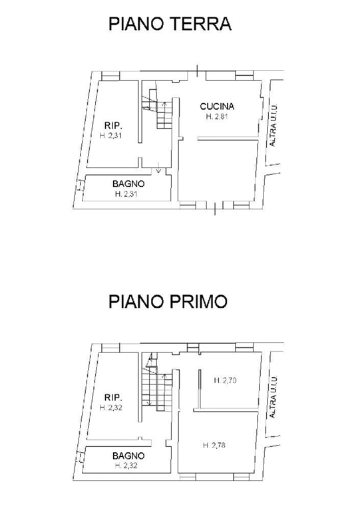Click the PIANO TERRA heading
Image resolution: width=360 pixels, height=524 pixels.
tap(170, 24)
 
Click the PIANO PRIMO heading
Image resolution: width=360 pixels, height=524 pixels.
tap(168, 301)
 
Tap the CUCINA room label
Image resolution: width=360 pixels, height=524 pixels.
tap(217, 106)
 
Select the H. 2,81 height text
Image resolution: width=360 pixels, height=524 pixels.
tap(217, 116)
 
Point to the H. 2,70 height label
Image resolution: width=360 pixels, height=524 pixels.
tap(226, 380)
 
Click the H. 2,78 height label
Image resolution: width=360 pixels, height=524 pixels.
tap(214, 445)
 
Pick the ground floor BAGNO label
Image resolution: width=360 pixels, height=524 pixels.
tap(128, 184)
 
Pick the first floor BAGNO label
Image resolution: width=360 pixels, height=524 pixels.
tap(128, 456)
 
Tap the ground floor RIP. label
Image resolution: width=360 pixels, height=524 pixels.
tap(113, 126)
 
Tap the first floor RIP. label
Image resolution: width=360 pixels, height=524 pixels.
tap(113, 398)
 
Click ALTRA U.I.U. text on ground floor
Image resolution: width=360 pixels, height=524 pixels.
tap(273, 125)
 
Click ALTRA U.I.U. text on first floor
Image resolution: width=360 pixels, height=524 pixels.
tap(273, 397)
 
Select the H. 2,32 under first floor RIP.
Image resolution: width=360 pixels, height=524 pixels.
tap(111, 408)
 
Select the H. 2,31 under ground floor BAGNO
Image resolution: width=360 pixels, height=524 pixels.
tap(126, 194)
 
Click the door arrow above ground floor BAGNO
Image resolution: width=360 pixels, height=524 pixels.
tap(159, 170)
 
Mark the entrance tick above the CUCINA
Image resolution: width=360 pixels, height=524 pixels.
tap(197, 71)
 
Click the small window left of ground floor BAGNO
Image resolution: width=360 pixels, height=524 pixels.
tap(80, 185)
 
